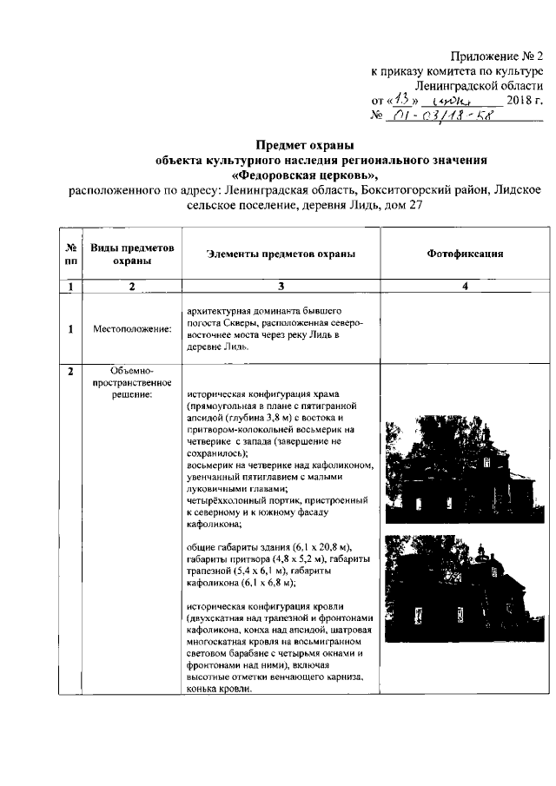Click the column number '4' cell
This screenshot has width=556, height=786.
coord(465,287)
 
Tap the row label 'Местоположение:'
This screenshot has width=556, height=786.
coord(132,329)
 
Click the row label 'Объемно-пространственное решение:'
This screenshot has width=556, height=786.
coord(132,383)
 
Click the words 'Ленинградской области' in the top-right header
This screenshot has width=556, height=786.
coord(489,86)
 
